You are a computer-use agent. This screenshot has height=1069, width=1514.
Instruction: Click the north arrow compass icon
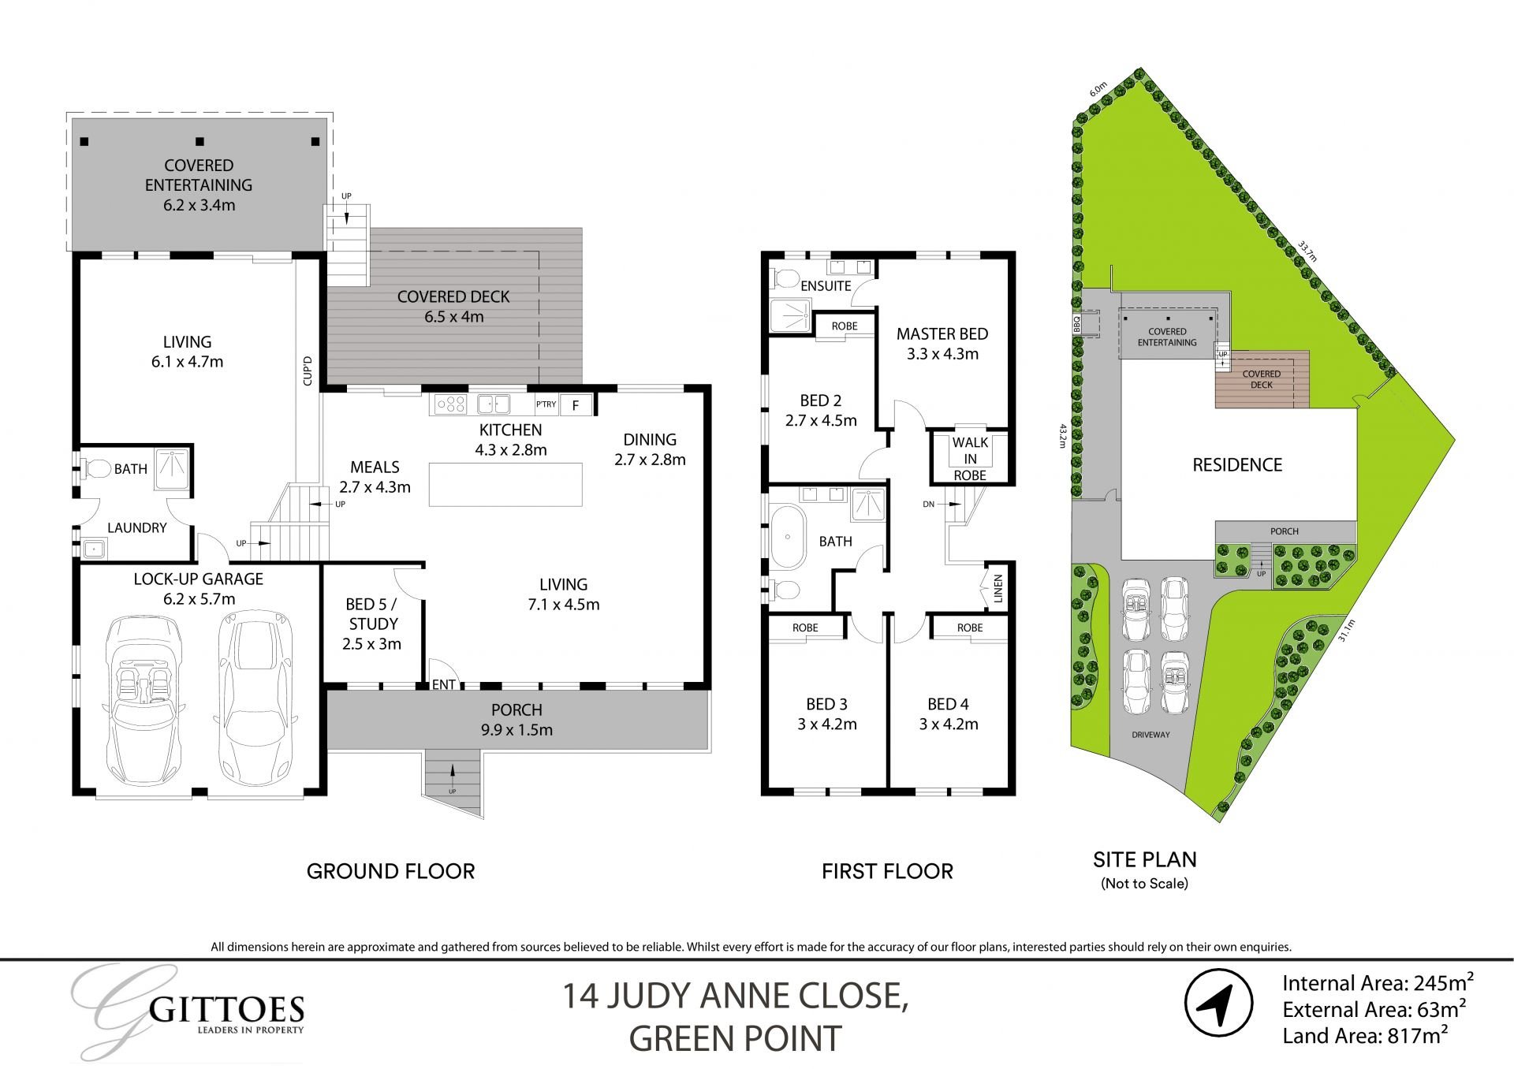pos(1218,1003)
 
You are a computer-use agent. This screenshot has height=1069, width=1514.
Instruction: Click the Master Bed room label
pos(942,344)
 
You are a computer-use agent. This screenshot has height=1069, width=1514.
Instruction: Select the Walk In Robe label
pos(970,459)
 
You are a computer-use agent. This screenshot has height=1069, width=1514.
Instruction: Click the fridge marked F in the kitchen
pos(576,405)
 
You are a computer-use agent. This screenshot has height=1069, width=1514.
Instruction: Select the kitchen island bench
pos(505,485)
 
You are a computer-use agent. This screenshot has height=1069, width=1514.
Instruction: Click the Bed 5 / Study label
pos(372,624)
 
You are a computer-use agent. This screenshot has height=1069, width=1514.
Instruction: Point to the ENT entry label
pos(443,684)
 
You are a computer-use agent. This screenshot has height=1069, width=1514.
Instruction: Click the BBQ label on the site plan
pos(1076,322)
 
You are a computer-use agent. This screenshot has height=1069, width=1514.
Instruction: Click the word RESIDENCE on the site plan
pos(1236,465)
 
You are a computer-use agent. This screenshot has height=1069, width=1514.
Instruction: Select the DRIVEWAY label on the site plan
pos(1150,735)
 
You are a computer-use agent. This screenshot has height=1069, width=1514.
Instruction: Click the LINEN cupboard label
pos(998,587)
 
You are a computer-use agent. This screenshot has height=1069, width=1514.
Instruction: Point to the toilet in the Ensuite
pos(785,277)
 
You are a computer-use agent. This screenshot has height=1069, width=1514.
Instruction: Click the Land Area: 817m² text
pos(1365,1036)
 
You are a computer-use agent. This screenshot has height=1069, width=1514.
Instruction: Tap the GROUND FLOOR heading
pos(390,871)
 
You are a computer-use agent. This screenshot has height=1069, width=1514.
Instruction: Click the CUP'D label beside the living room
pos(308,371)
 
